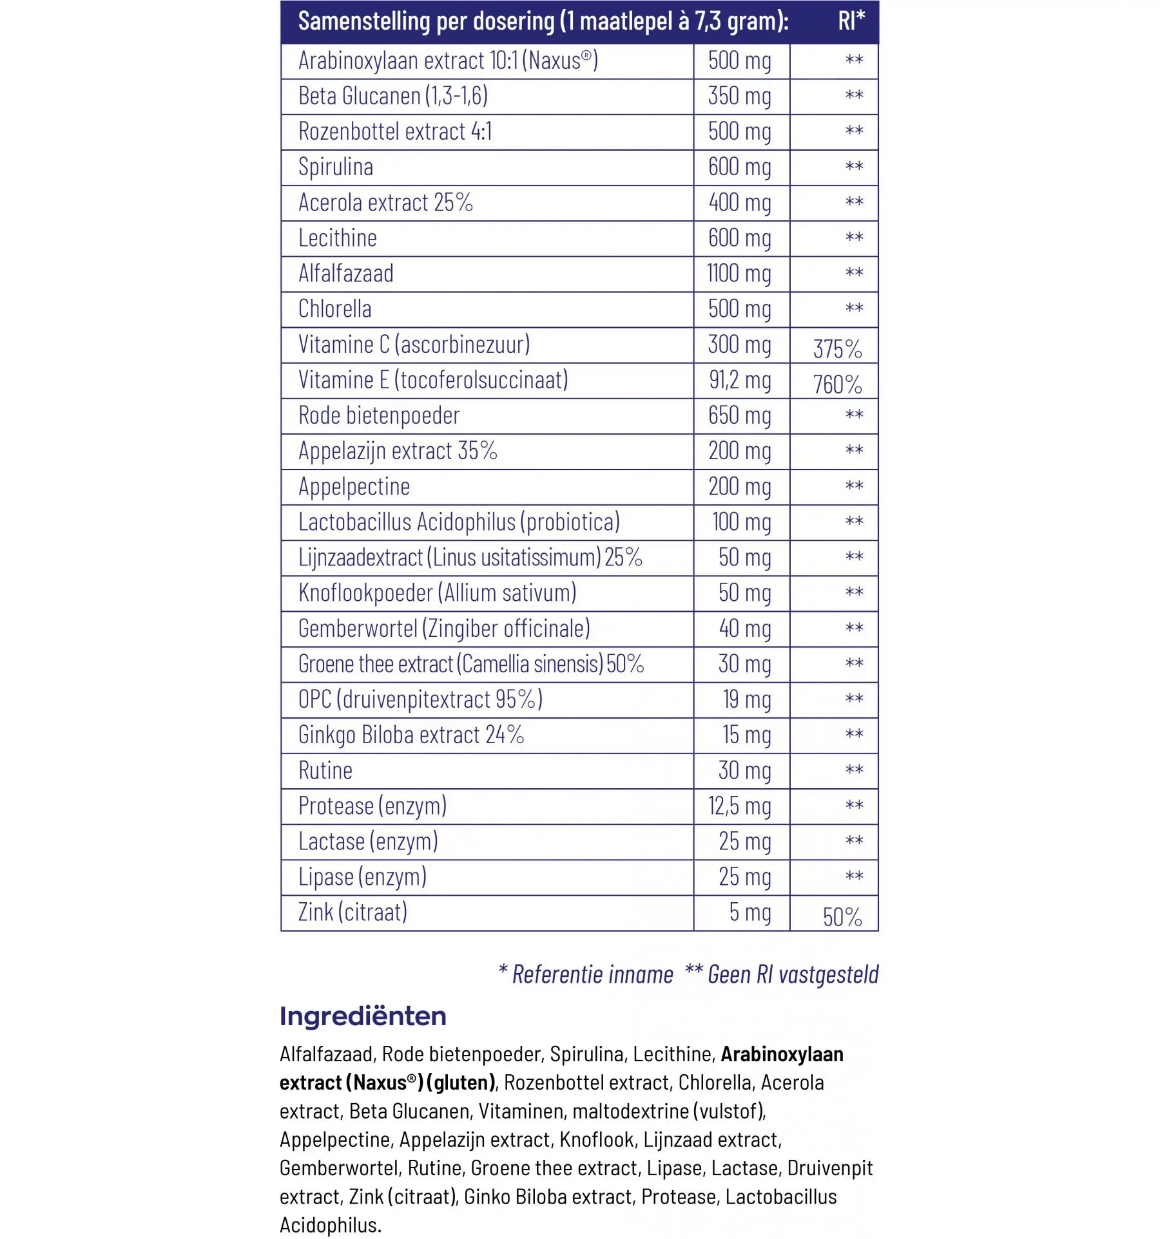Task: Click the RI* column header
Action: [x=851, y=21]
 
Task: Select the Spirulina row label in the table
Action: [x=336, y=167]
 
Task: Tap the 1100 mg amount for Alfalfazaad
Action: [x=739, y=274]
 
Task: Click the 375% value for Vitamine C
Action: [x=837, y=349]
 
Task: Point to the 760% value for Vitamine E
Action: [x=837, y=384]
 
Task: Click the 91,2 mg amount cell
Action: [x=740, y=380]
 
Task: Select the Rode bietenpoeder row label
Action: [x=379, y=416]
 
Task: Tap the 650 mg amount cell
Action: [x=740, y=416]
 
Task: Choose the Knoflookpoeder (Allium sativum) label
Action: [x=437, y=593]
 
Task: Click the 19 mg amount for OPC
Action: [x=746, y=700]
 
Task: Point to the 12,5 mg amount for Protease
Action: [x=740, y=806]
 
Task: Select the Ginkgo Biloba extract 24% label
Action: [x=411, y=735]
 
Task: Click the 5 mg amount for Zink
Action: [x=750, y=913]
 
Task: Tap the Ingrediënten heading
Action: [x=363, y=1016]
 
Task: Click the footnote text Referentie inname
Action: [x=592, y=974]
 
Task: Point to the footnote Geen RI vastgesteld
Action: [x=793, y=974]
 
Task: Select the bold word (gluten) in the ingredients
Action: [x=461, y=1083]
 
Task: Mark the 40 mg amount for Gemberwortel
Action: [x=745, y=629]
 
